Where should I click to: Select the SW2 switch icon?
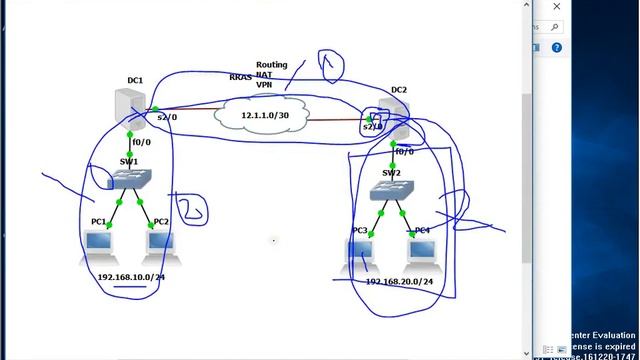[x=389, y=191]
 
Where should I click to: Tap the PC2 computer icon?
[x=161, y=243]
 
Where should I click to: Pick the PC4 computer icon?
[x=421, y=252]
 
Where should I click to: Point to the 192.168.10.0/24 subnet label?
[x=131, y=276]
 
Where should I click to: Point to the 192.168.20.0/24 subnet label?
[x=399, y=282]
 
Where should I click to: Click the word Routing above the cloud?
[x=271, y=65]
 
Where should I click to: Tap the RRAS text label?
[x=240, y=76]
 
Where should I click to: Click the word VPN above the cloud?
[x=265, y=85]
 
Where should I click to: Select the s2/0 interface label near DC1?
[x=166, y=117]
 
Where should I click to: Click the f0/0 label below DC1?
[x=143, y=142]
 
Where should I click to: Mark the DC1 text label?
[x=135, y=80]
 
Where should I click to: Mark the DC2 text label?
[x=399, y=90]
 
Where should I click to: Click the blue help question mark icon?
[x=557, y=47]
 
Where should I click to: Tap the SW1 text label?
[x=129, y=161]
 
